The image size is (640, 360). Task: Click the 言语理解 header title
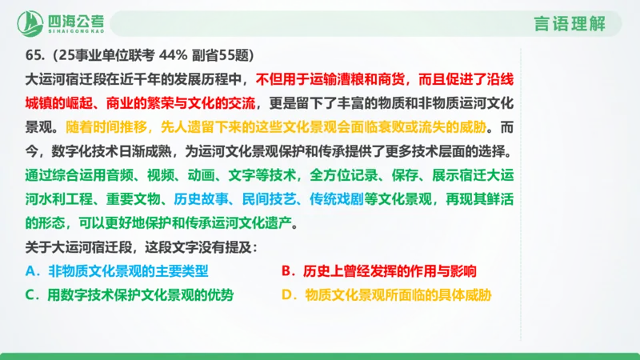(569, 23)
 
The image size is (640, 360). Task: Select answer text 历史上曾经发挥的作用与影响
(394, 271)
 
